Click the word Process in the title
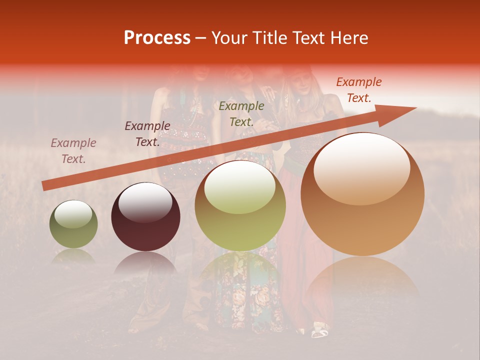(x=157, y=38)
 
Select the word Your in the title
(x=228, y=38)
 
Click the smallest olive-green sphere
(x=73, y=224)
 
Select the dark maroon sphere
(x=145, y=217)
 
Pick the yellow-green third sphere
(x=240, y=205)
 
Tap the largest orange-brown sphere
(x=362, y=194)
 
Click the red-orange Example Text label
(x=358, y=90)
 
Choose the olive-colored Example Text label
(x=241, y=114)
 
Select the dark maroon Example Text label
(x=147, y=134)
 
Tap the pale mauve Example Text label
(x=73, y=151)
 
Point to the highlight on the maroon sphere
(x=145, y=202)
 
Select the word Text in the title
(x=304, y=38)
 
